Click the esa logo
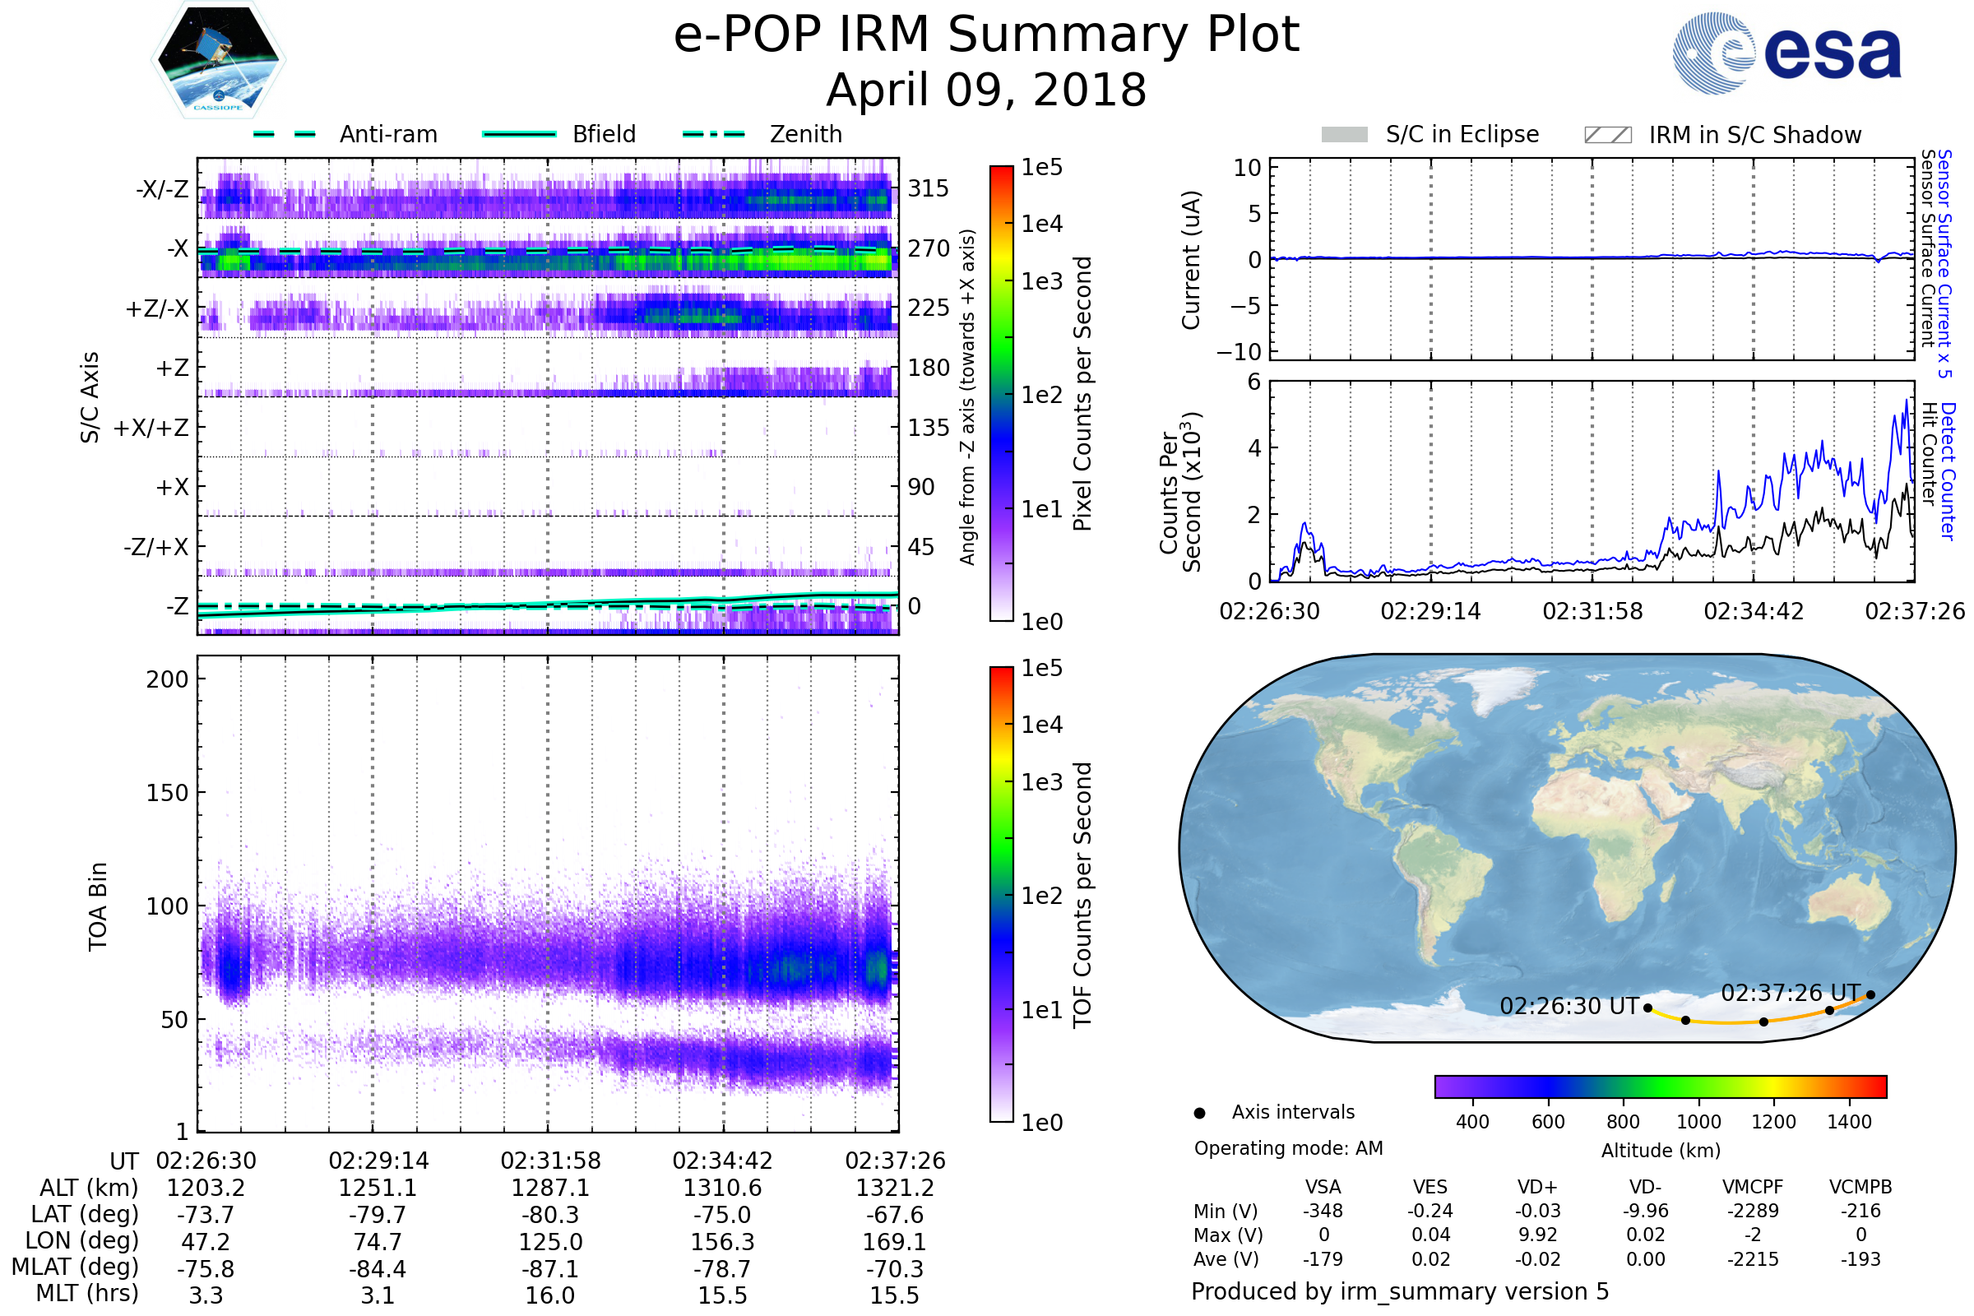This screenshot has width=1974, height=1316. click(1786, 53)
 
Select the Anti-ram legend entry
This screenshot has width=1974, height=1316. click(345, 134)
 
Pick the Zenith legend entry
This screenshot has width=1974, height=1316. click(762, 134)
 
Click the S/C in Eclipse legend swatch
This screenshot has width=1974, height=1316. click(1345, 135)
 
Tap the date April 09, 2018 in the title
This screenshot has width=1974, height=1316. click(986, 90)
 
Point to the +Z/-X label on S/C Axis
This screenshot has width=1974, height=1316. click(157, 309)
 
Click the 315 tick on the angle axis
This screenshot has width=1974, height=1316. click(929, 188)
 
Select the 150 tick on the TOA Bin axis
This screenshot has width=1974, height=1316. click(167, 793)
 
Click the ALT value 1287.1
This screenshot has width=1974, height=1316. click(549, 1188)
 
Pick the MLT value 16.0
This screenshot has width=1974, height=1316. click(549, 1295)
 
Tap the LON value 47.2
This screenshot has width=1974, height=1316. click(206, 1241)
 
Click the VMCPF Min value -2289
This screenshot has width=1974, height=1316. click(1753, 1211)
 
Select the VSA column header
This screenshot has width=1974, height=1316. click(1323, 1188)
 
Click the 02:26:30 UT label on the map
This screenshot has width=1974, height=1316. click(1569, 1005)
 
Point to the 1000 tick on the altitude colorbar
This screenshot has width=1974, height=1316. click(1698, 1122)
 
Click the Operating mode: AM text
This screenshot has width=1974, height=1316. click(1288, 1148)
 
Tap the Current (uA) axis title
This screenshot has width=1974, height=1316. click(1191, 260)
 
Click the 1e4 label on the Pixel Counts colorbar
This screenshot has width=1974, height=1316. click(1041, 224)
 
